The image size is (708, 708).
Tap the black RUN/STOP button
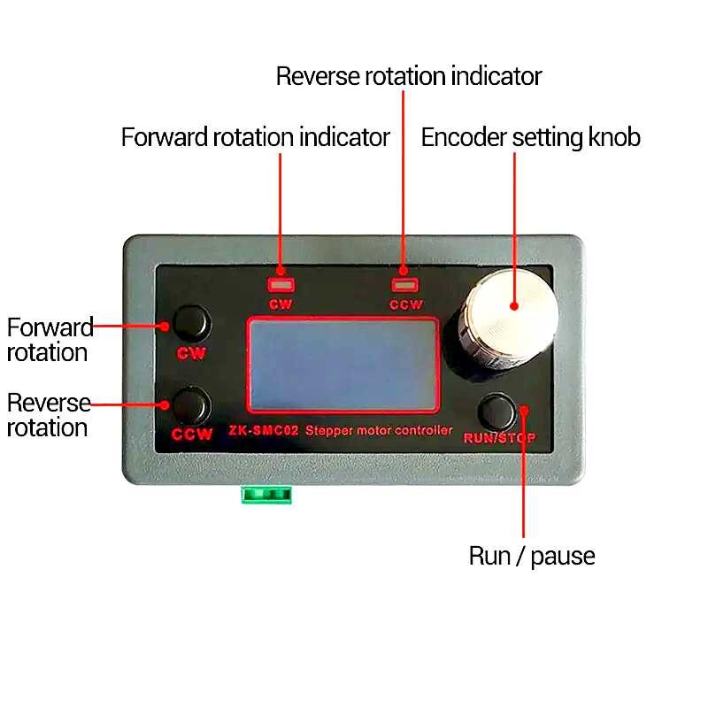[497, 412]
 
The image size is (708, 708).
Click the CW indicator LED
[281, 285]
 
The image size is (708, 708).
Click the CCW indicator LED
[405, 285]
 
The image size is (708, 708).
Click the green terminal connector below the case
[266, 494]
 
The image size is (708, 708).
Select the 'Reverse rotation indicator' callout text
[408, 76]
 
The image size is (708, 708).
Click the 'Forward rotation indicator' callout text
[255, 138]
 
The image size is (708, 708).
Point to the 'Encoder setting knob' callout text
[530, 138]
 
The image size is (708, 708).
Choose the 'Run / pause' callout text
[531, 556]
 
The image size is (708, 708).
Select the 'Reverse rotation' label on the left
[49, 415]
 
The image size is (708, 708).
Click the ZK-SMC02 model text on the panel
[264, 430]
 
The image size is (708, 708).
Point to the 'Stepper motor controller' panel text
[379, 430]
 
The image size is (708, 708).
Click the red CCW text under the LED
[406, 304]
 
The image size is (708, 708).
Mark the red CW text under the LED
[281, 304]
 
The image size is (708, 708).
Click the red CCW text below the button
[192, 435]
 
